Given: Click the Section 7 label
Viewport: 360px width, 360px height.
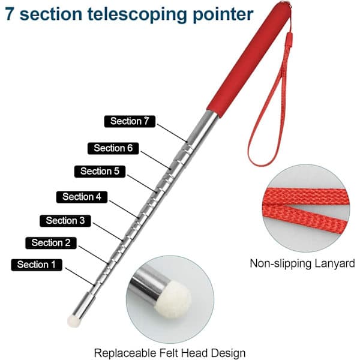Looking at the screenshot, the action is coord(130,121).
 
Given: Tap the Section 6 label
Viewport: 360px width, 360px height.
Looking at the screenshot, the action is coord(113,148).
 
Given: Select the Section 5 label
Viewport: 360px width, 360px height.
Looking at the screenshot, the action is coord(100,171).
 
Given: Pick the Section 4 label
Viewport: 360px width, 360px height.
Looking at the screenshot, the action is coord(82,197).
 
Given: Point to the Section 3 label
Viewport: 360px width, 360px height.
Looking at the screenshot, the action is coord(65,221).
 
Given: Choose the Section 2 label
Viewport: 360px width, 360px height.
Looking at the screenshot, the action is coord(51,243).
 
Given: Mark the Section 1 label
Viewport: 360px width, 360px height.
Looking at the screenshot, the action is coord(37,265).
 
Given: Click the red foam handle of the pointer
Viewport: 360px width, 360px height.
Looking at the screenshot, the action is coord(249,59).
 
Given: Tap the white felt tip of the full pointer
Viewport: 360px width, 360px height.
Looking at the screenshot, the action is coord(73,321).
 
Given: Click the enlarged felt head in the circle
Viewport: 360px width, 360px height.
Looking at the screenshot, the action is coord(173,300).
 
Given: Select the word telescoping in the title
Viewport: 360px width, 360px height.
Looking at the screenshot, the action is coord(137,14).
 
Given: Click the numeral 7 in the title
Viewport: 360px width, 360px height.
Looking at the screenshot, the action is coord(10,14).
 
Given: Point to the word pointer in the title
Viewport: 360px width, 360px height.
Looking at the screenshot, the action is coord(223,14).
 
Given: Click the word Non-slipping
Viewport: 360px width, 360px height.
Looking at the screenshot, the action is coord(280,263).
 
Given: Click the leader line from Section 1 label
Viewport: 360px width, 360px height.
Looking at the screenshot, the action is coord(80,277).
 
